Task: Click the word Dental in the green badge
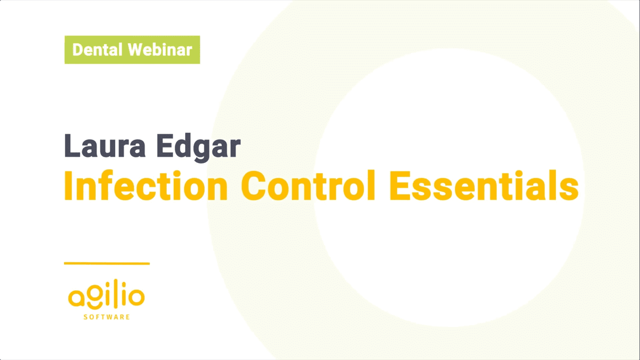97,50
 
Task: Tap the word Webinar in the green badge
160,50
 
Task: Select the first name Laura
105,146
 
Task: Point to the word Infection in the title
146,186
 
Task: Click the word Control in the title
308,186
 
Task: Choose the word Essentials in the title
484,186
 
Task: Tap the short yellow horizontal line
107,264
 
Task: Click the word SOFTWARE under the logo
107,317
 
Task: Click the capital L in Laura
72,146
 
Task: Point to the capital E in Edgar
165,146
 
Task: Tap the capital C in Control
254,186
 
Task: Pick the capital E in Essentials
399,186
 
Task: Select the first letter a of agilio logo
76,297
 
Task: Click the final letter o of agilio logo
136,297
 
